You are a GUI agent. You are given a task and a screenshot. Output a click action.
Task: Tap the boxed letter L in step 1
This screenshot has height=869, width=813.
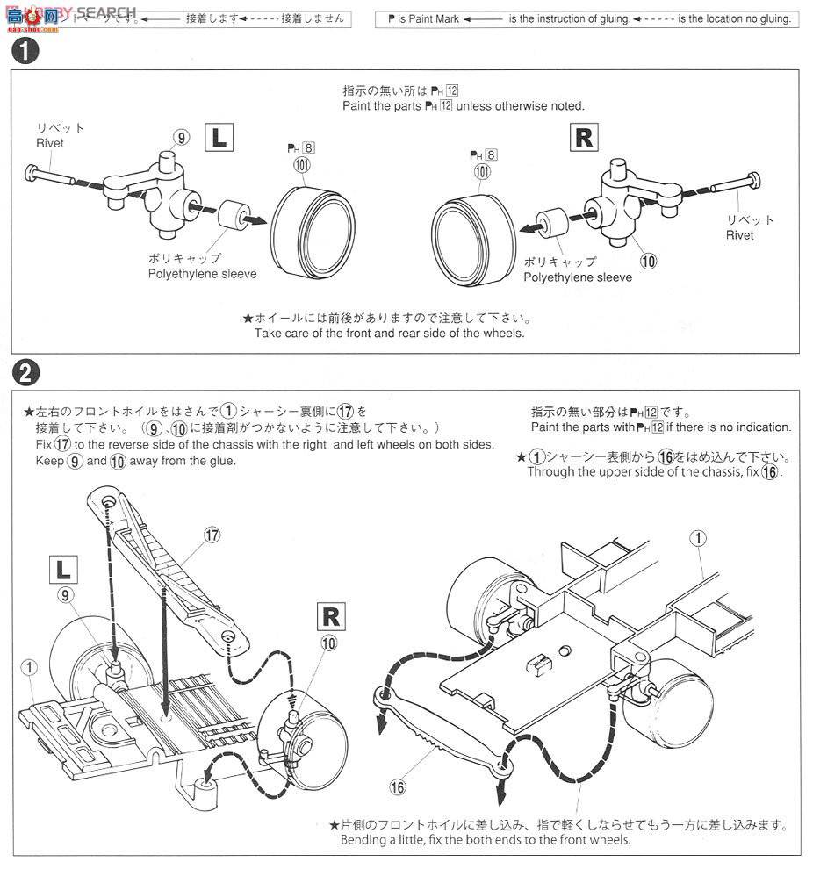[x=218, y=138]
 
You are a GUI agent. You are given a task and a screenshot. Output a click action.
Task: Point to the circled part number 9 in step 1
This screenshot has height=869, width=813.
[x=181, y=137]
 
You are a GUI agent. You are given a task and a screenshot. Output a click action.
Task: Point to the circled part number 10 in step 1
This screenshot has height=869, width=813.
[x=649, y=260]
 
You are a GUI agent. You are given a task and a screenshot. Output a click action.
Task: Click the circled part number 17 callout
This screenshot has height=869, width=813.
[x=210, y=534]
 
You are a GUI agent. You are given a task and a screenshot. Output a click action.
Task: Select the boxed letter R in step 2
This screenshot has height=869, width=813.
[x=331, y=615]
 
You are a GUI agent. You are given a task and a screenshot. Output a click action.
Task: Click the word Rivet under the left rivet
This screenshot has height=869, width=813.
[x=50, y=142]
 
